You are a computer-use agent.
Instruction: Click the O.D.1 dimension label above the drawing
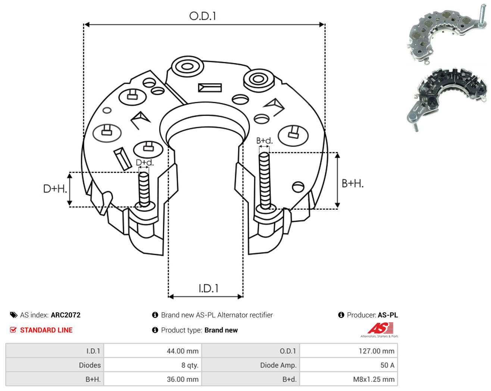pyautogui.click(x=202, y=16)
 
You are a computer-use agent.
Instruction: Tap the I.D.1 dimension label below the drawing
pyautogui.click(x=209, y=288)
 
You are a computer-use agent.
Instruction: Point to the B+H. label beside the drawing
pyautogui.click(x=353, y=184)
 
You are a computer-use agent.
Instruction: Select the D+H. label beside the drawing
pyautogui.click(x=55, y=189)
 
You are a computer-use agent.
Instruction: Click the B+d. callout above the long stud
pyautogui.click(x=265, y=141)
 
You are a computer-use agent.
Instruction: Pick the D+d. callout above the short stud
pyautogui.click(x=145, y=162)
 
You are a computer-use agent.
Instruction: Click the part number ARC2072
pyautogui.click(x=66, y=315)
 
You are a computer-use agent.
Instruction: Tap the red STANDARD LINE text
pyautogui.click(x=46, y=330)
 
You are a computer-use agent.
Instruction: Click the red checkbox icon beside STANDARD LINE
pyautogui.click(x=13, y=330)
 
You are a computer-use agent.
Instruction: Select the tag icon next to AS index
pyautogui.click(x=14, y=315)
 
